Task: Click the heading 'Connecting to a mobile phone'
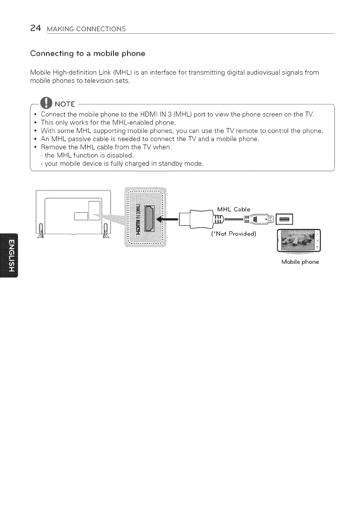point(82,54)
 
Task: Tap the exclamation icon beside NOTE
point(45,103)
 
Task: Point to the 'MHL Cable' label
point(234,209)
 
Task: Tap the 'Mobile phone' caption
point(300,262)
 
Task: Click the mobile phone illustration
point(299,241)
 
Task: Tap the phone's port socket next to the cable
point(284,220)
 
